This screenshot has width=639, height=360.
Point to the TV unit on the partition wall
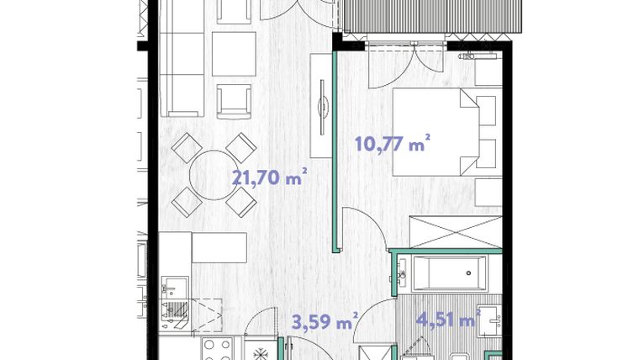click(x=321, y=105)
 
